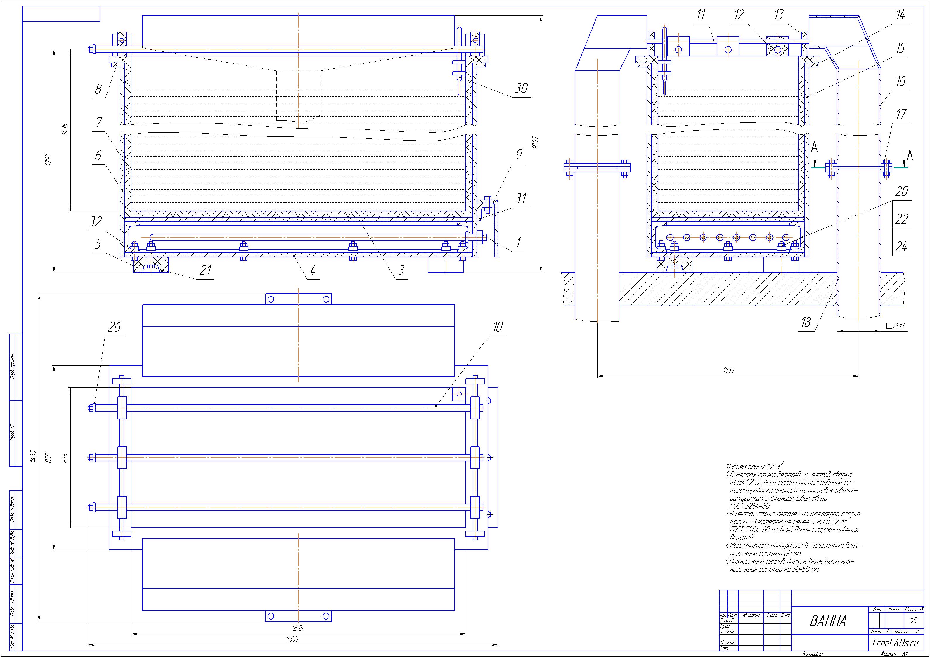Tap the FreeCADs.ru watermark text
[x=896, y=643]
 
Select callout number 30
[x=521, y=88]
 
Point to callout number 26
[x=115, y=327]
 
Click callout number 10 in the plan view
[x=498, y=327]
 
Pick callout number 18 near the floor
[x=806, y=322]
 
